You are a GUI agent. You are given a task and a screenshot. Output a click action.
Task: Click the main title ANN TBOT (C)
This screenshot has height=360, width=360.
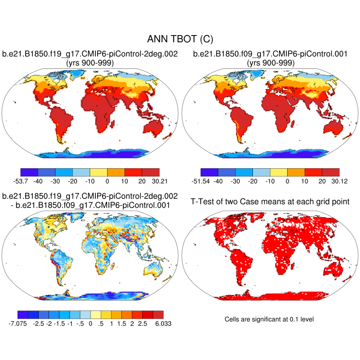180,40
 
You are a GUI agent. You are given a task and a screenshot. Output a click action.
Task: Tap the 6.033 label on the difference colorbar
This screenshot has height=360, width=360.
162,323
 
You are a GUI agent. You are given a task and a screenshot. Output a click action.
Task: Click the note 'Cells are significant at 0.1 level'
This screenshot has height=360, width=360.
269,319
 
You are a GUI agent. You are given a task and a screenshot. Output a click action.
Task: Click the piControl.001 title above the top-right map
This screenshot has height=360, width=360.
270,54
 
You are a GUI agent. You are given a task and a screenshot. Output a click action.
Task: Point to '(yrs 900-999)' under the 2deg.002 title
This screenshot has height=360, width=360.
90,63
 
